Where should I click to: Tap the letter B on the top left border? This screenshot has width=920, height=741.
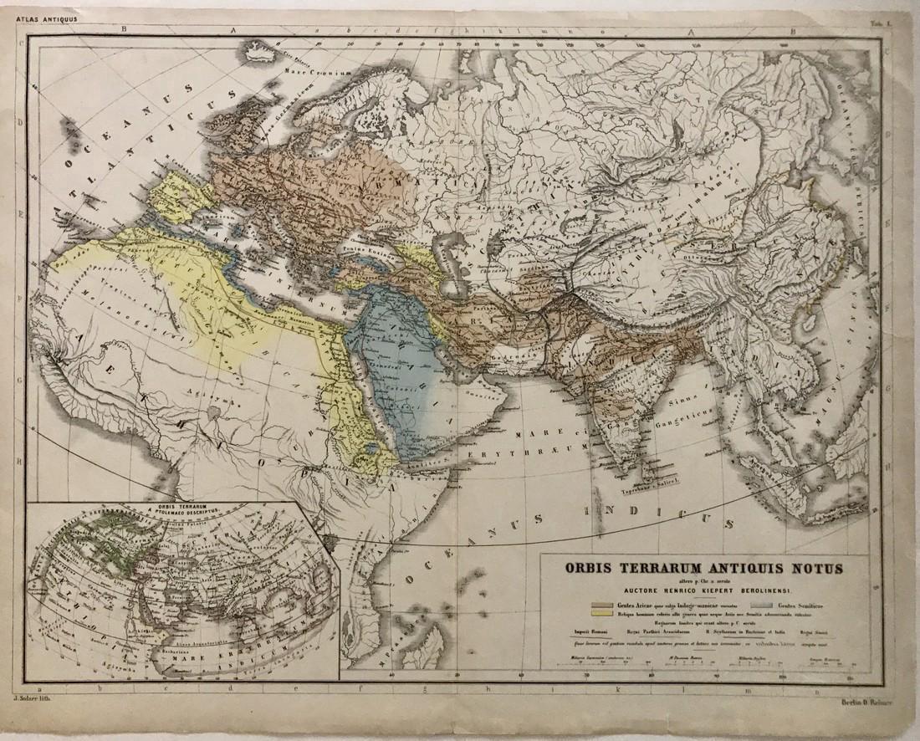125,28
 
